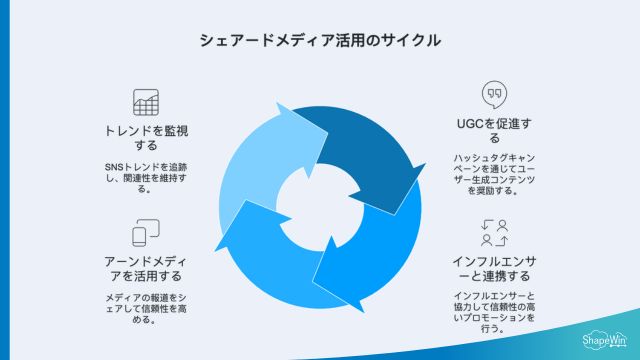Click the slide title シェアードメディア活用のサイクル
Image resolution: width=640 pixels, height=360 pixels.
click(320, 41)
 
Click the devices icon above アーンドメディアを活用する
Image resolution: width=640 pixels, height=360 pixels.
click(146, 234)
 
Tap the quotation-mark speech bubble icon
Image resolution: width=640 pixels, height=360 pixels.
click(492, 94)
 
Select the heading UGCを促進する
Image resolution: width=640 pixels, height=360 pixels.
click(492, 131)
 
